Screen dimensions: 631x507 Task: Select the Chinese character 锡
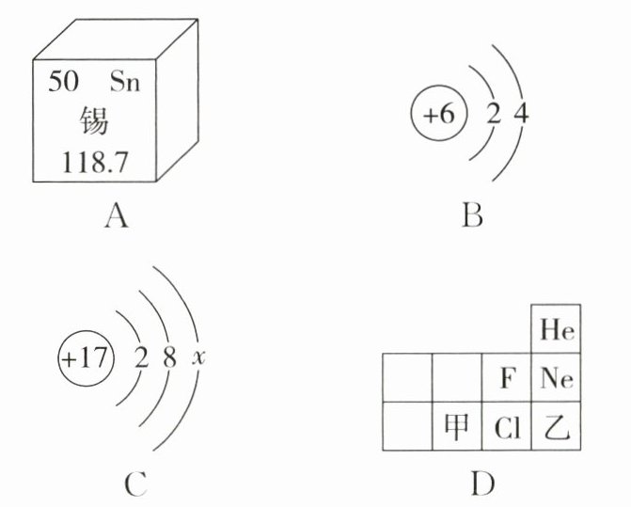(x=94, y=122)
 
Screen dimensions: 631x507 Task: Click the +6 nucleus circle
(x=437, y=116)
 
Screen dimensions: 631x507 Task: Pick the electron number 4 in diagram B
(x=523, y=116)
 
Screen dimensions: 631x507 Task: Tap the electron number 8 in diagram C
(x=170, y=359)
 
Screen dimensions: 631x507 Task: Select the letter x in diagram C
(x=198, y=359)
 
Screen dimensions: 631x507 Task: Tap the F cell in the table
(x=507, y=379)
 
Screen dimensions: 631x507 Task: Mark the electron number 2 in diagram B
(x=493, y=116)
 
